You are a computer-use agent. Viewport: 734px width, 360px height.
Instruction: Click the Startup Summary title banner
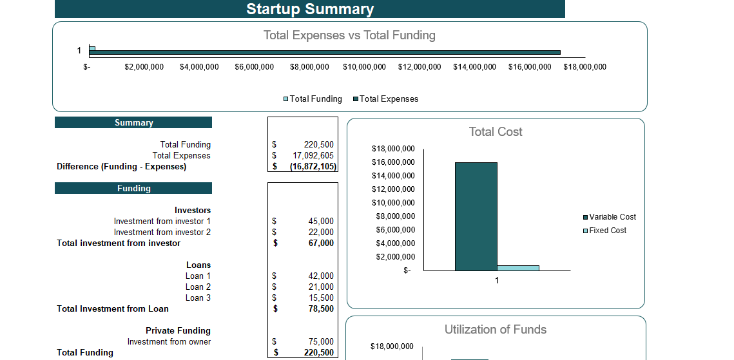tap(310, 9)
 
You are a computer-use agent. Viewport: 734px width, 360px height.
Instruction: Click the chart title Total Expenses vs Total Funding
tap(349, 35)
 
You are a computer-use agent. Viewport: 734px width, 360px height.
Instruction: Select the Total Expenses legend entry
tap(389, 99)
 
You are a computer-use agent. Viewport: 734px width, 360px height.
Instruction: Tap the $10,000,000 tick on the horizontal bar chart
tap(364, 67)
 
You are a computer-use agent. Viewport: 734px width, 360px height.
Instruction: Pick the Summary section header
tap(133, 122)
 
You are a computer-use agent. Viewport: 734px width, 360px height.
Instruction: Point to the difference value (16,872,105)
tap(313, 167)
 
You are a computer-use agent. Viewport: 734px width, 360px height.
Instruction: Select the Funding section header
tap(133, 188)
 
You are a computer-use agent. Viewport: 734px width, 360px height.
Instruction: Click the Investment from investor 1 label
tap(162, 222)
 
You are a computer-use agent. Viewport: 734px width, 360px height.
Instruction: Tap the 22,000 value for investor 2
tap(321, 232)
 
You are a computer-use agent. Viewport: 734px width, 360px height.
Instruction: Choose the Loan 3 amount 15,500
tap(321, 298)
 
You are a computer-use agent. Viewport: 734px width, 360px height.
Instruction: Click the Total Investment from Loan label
tap(113, 309)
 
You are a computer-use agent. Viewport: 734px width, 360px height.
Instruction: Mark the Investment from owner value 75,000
tap(321, 342)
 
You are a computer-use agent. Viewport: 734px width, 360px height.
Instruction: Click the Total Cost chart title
tap(496, 132)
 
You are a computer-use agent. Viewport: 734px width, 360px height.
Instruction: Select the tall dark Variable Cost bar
tap(476, 216)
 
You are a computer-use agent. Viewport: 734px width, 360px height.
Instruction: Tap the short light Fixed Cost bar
tap(518, 268)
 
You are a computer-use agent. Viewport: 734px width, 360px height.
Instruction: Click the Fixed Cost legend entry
tap(607, 231)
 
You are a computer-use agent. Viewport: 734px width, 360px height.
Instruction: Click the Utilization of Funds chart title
tap(496, 330)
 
